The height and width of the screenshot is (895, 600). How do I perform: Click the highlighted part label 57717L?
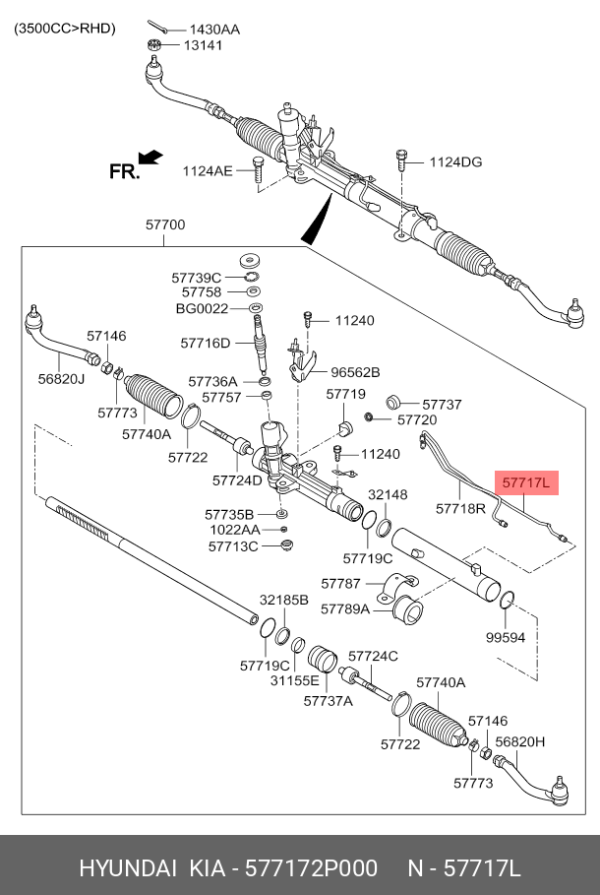coord(526,483)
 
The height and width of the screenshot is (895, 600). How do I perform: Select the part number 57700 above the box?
coord(165,225)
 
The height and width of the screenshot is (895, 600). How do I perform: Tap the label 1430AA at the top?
coord(214,30)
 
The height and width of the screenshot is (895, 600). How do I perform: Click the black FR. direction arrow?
coord(150,157)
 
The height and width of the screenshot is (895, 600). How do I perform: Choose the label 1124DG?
coord(455,162)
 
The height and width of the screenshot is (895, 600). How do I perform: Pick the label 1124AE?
coord(207,171)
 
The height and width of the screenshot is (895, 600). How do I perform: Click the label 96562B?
coord(355,372)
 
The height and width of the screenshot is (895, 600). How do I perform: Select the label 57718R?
coord(461,509)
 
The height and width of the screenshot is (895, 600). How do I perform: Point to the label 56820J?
coord(61,377)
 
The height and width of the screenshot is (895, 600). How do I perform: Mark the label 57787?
coord(341,584)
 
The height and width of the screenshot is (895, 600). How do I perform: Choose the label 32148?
coord(388,494)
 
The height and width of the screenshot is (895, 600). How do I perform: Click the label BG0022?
coord(202,309)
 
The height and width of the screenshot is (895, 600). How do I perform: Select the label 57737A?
coord(328,701)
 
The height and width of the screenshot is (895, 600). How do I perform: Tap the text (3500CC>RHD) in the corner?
coord(64,28)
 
